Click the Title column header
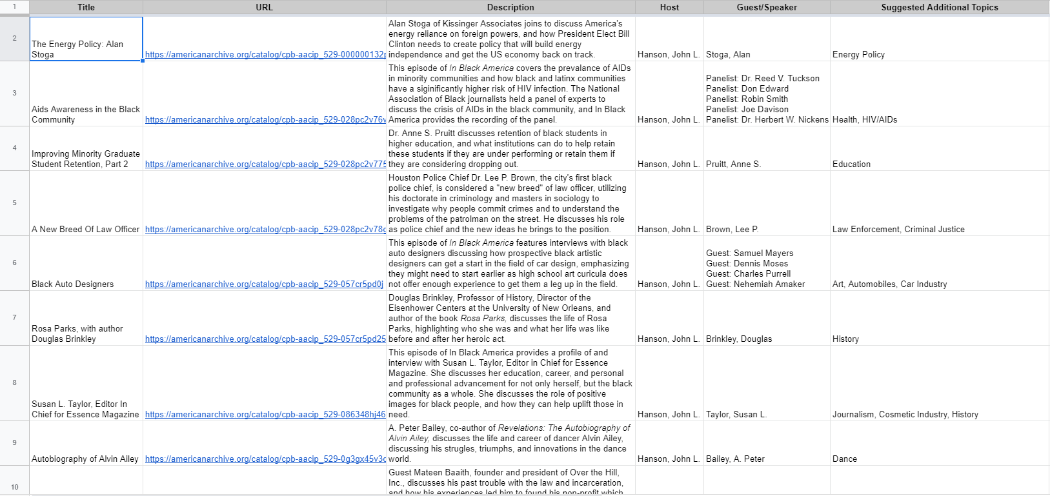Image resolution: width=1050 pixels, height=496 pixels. click(86, 8)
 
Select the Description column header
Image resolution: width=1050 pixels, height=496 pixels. click(510, 8)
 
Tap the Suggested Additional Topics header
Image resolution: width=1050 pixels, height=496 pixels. click(939, 8)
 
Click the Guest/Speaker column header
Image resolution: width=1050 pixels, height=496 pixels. click(766, 8)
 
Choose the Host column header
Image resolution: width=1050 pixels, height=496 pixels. click(669, 8)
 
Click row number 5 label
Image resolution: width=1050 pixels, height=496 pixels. click(15, 203)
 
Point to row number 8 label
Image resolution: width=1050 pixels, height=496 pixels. click(15, 382)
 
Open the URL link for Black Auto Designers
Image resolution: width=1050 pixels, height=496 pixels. click(264, 284)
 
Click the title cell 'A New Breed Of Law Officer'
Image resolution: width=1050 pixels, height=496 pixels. click(86, 230)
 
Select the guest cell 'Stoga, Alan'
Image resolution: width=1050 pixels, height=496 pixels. click(728, 55)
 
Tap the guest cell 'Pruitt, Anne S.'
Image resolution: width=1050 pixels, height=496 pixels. click(733, 164)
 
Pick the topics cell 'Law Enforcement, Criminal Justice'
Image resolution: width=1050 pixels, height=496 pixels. click(898, 230)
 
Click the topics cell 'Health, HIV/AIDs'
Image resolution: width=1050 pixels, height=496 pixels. click(864, 120)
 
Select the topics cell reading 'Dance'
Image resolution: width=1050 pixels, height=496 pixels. click(845, 459)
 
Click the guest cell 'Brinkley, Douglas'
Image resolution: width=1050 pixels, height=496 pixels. click(739, 339)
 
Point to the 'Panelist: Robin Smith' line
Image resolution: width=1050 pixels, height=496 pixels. click(747, 99)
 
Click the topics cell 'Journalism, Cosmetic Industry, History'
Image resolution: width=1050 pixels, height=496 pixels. click(905, 415)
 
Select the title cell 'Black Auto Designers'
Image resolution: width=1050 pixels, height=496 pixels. click(73, 284)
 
